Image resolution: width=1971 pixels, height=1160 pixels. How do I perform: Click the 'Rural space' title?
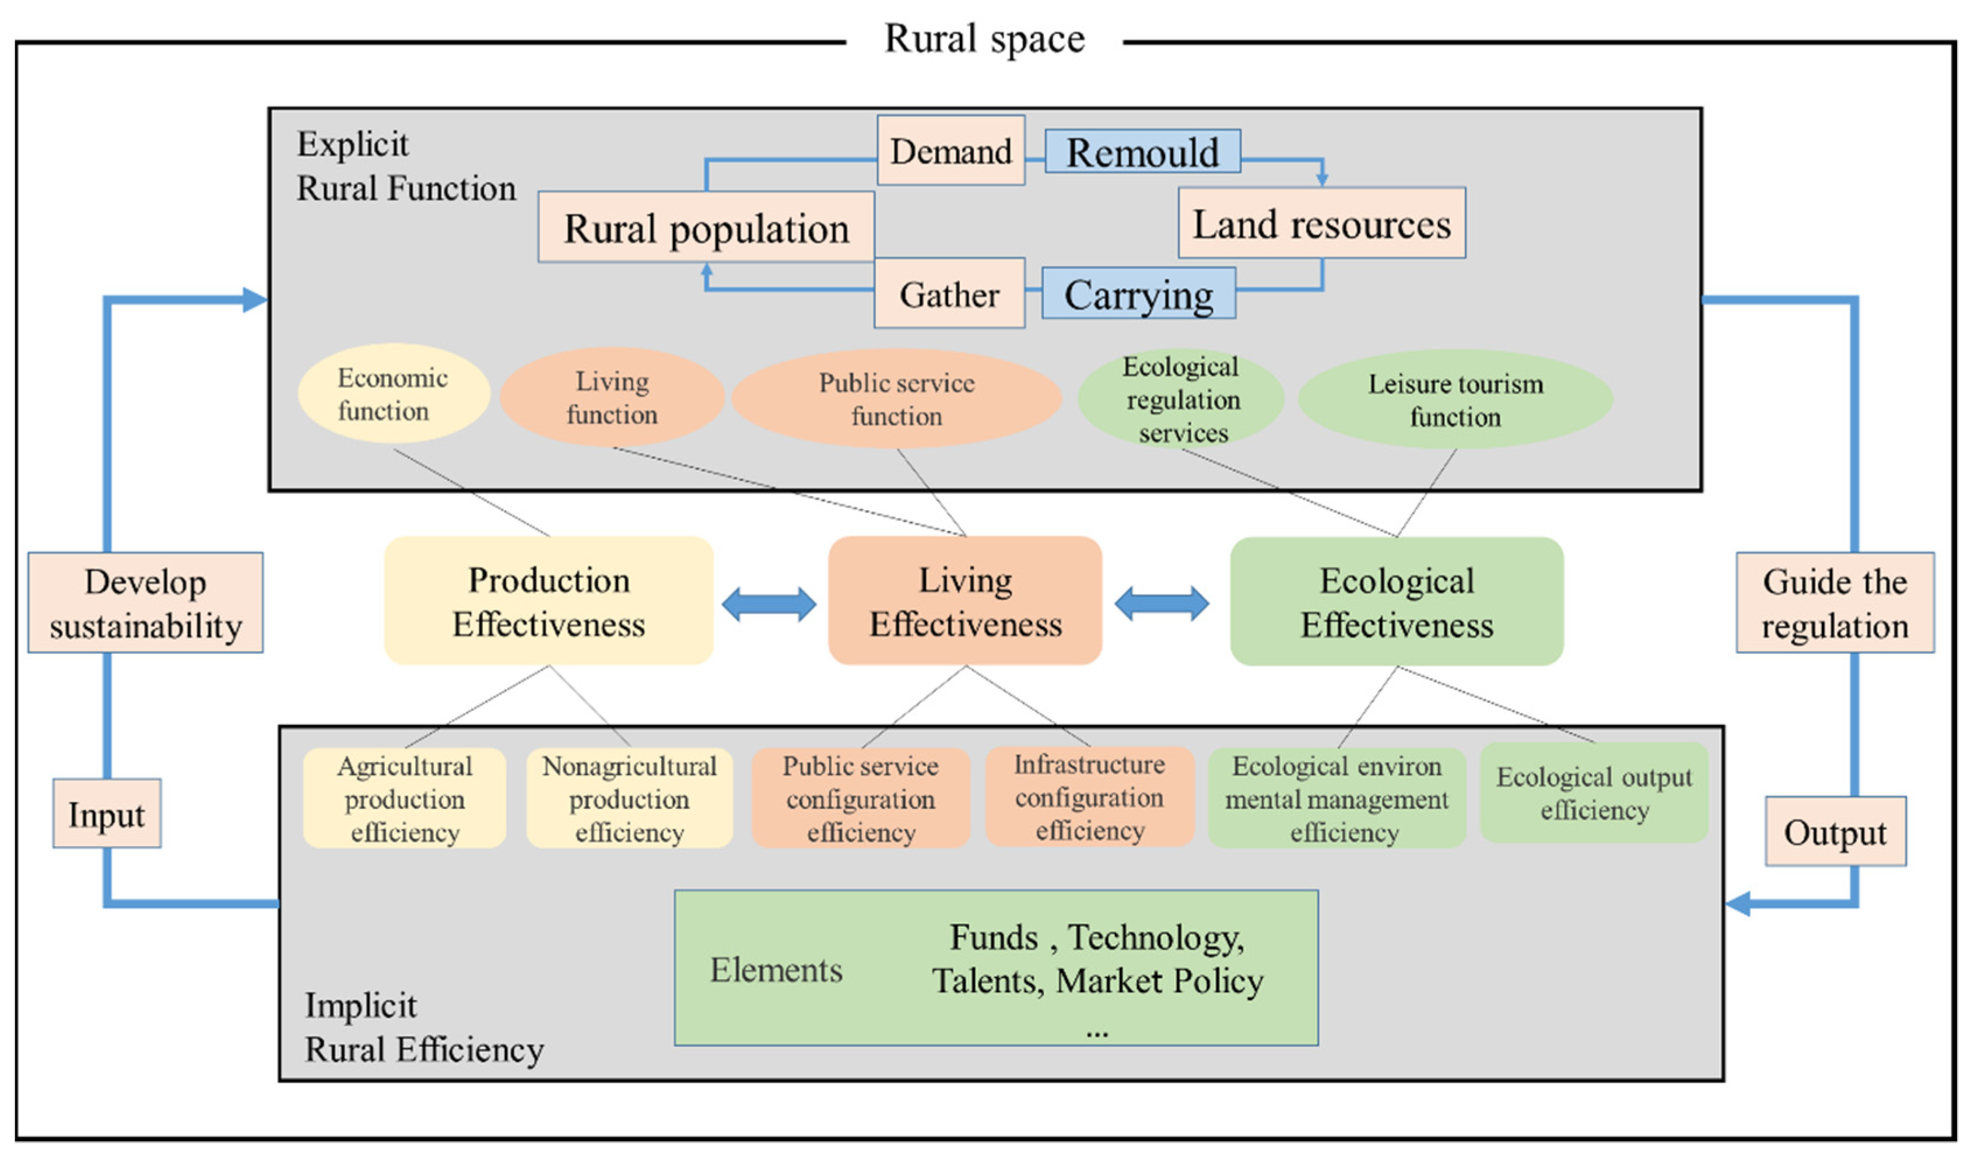click(x=984, y=39)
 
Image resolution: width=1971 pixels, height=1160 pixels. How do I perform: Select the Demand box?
click(x=951, y=151)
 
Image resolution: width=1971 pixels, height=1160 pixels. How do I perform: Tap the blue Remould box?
click(x=1142, y=152)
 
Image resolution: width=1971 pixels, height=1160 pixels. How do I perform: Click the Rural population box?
click(x=706, y=227)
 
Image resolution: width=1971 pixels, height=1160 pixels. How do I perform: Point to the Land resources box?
click(x=1321, y=224)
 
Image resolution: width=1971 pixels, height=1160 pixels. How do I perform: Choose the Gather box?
click(x=949, y=294)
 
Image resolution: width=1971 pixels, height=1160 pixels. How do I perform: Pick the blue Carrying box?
click(x=1138, y=294)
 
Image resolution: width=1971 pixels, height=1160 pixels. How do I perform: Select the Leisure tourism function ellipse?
click(x=1455, y=399)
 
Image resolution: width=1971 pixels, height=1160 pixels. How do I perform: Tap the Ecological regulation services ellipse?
click(x=1181, y=399)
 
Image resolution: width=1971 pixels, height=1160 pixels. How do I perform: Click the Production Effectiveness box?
click(x=548, y=601)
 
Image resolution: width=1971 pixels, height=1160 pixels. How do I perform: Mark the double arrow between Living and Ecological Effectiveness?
click(x=1162, y=604)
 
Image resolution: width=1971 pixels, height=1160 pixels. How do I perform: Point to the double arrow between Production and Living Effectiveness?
click(x=769, y=604)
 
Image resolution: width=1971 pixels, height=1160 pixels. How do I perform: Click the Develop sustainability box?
click(x=145, y=603)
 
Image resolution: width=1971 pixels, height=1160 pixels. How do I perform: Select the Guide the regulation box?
click(x=1834, y=603)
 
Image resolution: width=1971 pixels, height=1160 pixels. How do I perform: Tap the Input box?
click(x=106, y=814)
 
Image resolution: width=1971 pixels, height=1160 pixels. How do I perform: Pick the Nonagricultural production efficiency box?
click(x=629, y=798)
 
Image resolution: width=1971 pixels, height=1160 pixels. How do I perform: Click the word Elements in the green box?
click(x=776, y=969)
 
